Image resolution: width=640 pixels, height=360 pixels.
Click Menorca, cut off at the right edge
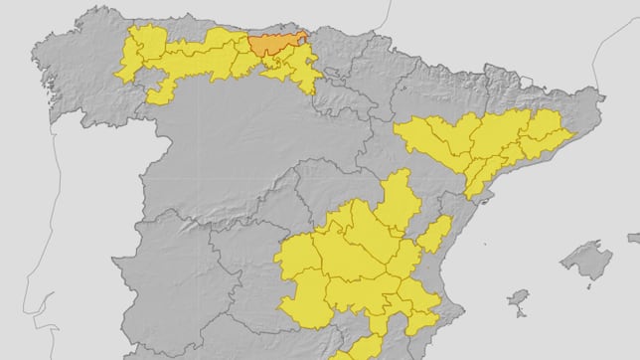(x=633, y=239)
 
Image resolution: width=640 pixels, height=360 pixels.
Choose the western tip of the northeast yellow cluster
(x=402, y=129)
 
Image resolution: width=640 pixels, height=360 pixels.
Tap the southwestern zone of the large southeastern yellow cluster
(x=303, y=303)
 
